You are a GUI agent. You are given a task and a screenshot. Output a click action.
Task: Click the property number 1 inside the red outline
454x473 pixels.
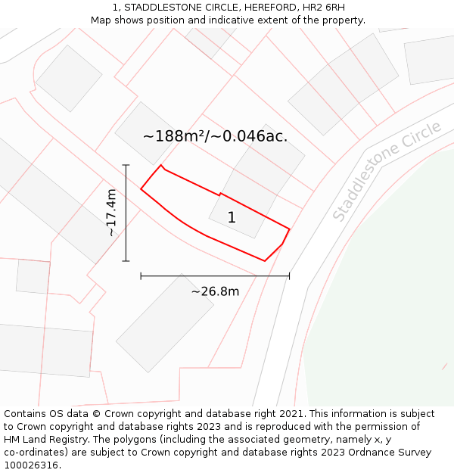(232, 218)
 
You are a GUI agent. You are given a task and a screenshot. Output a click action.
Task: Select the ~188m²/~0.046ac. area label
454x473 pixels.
(215, 136)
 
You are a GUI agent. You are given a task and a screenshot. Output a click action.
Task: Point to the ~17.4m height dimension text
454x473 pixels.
(111, 213)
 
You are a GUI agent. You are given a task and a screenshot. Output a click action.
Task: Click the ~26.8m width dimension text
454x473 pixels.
(215, 291)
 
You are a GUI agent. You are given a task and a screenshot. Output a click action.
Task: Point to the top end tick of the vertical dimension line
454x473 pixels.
(126, 165)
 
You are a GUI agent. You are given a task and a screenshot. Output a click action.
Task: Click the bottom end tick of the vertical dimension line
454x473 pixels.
(126, 261)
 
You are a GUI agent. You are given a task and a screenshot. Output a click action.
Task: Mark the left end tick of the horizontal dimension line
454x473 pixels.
(141, 276)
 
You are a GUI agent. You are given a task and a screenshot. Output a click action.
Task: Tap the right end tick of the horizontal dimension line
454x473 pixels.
(289, 276)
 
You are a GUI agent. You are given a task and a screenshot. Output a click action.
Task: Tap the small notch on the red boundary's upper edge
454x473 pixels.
(219, 194)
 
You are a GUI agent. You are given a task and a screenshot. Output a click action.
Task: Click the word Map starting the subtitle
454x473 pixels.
(101, 20)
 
